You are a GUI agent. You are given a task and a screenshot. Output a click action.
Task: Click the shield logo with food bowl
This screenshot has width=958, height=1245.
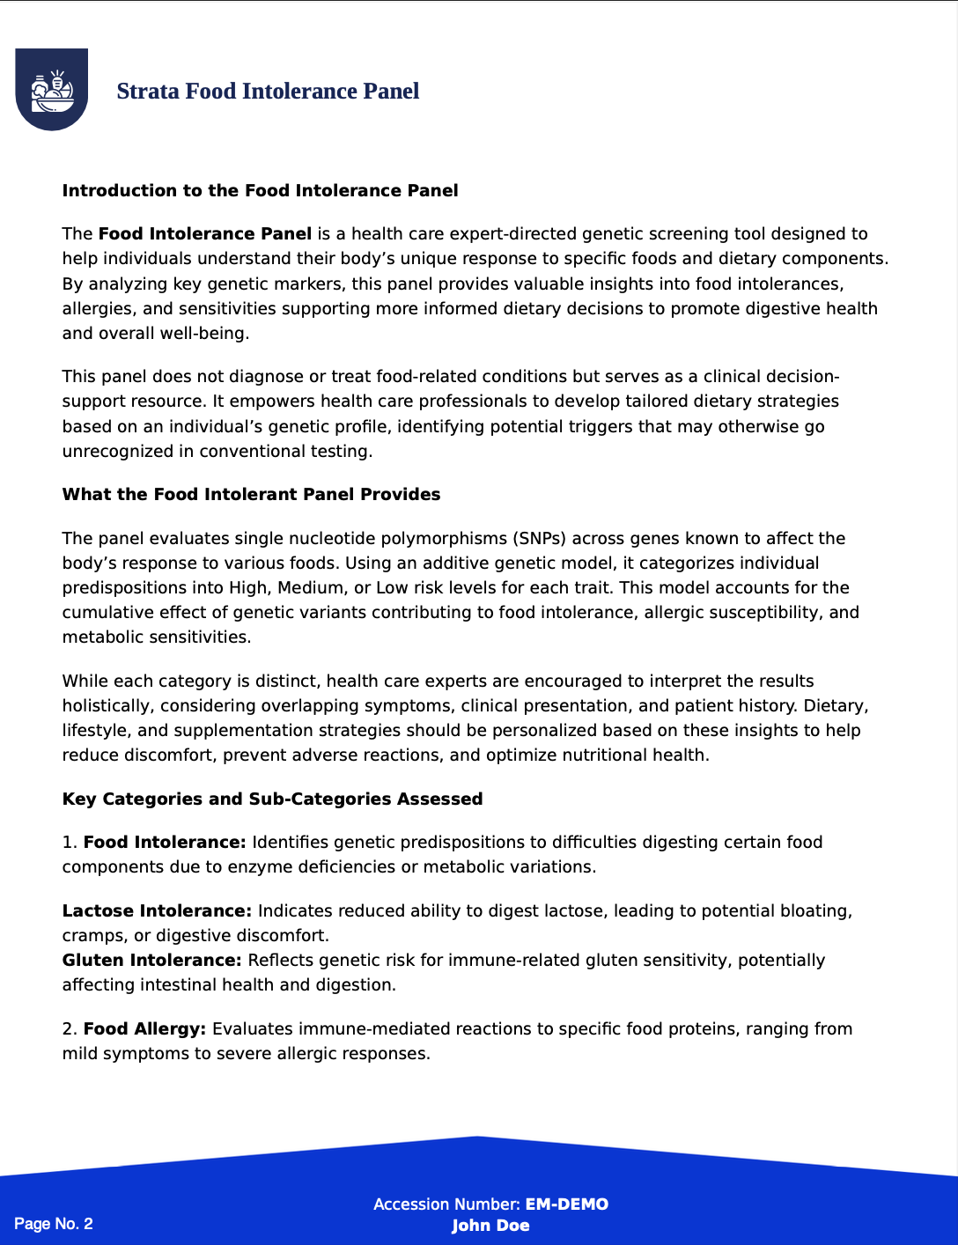(51, 89)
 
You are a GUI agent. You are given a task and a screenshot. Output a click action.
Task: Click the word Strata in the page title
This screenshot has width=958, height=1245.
(148, 92)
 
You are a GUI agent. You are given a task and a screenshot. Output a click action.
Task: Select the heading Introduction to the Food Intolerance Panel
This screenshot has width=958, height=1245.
(260, 191)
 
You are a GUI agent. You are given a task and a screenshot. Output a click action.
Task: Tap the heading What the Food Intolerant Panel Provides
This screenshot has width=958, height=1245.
(251, 495)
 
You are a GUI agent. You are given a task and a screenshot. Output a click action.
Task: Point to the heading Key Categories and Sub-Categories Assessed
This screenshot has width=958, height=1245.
(272, 799)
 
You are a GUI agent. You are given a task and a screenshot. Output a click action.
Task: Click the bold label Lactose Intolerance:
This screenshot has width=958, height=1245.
(157, 911)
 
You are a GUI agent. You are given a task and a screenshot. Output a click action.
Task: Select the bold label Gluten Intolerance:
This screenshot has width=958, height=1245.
(151, 961)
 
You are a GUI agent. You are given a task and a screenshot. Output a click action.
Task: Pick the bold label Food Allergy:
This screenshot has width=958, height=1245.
(144, 1029)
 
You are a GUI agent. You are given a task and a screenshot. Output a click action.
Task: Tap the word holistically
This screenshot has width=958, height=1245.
(106, 706)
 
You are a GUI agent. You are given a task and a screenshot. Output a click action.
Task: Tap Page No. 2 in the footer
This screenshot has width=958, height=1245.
(54, 1224)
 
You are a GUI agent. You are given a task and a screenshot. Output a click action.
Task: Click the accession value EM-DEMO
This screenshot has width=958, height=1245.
(566, 1204)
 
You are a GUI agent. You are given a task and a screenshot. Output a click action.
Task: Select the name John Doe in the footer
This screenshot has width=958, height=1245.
(490, 1226)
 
